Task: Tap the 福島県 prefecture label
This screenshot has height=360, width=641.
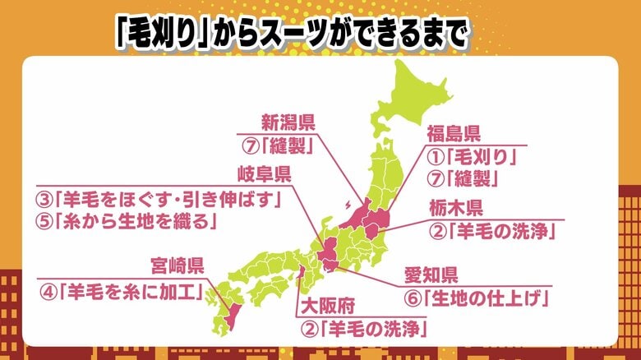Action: click(x=454, y=134)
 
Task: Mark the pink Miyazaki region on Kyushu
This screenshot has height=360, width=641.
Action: click(x=229, y=313)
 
